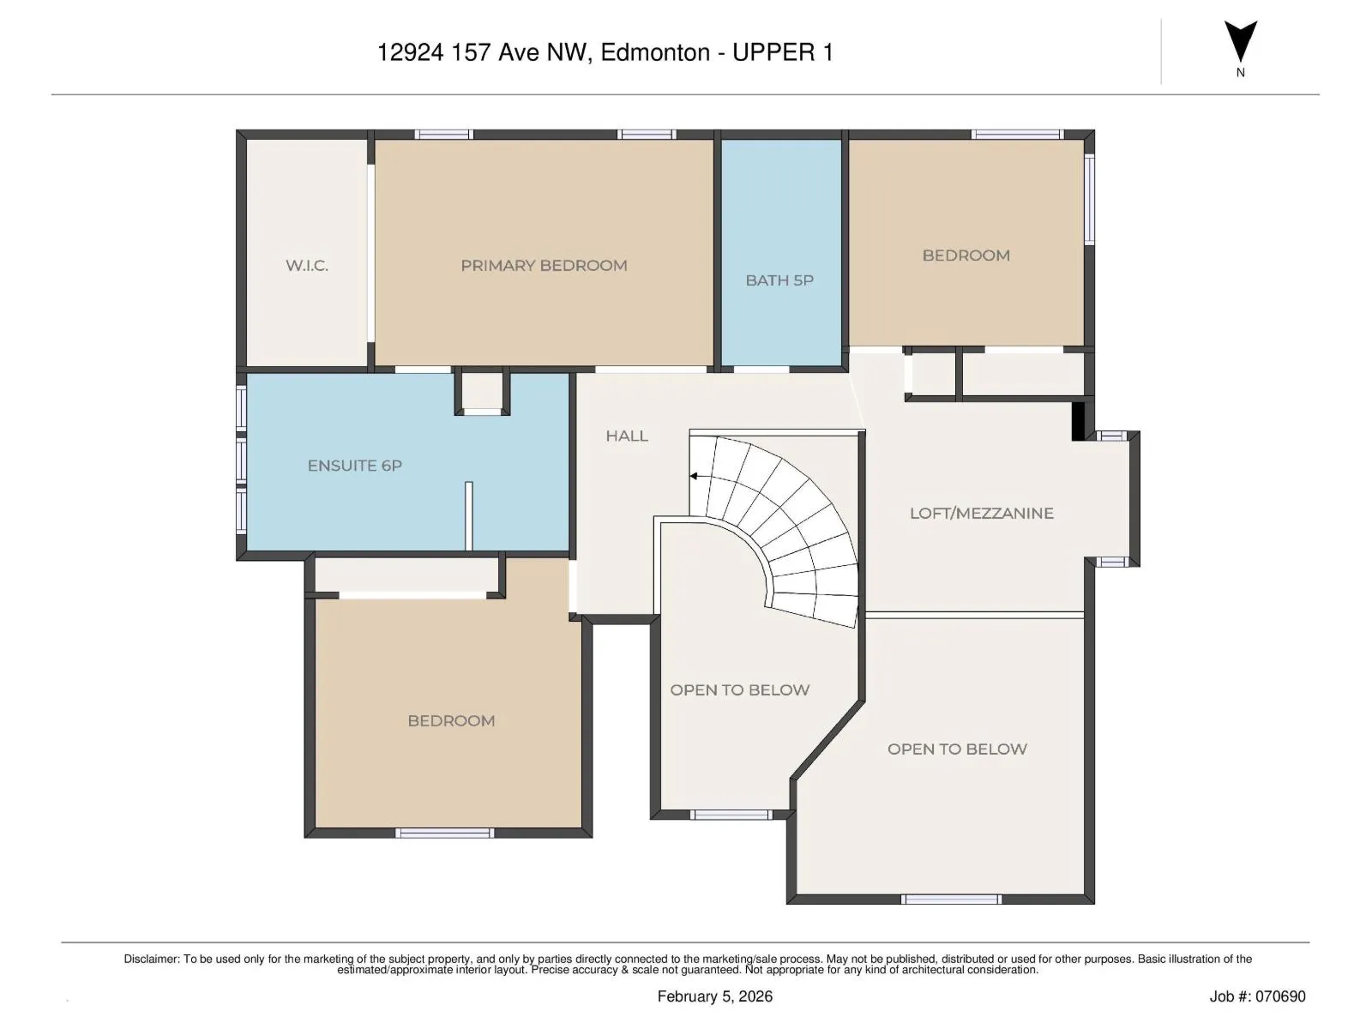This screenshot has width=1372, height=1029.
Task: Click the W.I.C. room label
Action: [x=306, y=266]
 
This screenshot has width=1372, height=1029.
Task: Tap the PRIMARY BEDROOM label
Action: [x=544, y=266]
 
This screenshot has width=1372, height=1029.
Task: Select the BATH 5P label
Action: [x=779, y=280]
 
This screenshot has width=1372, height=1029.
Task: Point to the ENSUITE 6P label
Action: [x=354, y=466]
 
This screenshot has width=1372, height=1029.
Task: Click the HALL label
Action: [x=626, y=436]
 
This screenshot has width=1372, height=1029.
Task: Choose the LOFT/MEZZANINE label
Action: [x=981, y=513]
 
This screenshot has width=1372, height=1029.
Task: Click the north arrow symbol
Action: [x=1240, y=41]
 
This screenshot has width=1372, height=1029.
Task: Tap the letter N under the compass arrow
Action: [x=1240, y=73]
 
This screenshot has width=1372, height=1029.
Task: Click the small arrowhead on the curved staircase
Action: [x=693, y=476]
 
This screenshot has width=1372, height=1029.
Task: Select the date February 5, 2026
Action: [x=714, y=996]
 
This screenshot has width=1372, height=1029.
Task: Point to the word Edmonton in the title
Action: [x=655, y=52]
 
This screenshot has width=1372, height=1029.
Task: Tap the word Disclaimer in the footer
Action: [x=151, y=959]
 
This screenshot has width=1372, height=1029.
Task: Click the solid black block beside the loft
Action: [x=1078, y=421]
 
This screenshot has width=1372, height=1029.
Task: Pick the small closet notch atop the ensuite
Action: [x=482, y=392]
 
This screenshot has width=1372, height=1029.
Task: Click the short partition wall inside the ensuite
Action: [x=469, y=516]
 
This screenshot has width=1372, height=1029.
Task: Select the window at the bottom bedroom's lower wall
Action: [x=445, y=833]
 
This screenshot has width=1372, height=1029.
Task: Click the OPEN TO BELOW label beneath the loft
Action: [x=957, y=749]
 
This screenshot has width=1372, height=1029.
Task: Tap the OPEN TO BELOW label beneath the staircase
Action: [x=739, y=689]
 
